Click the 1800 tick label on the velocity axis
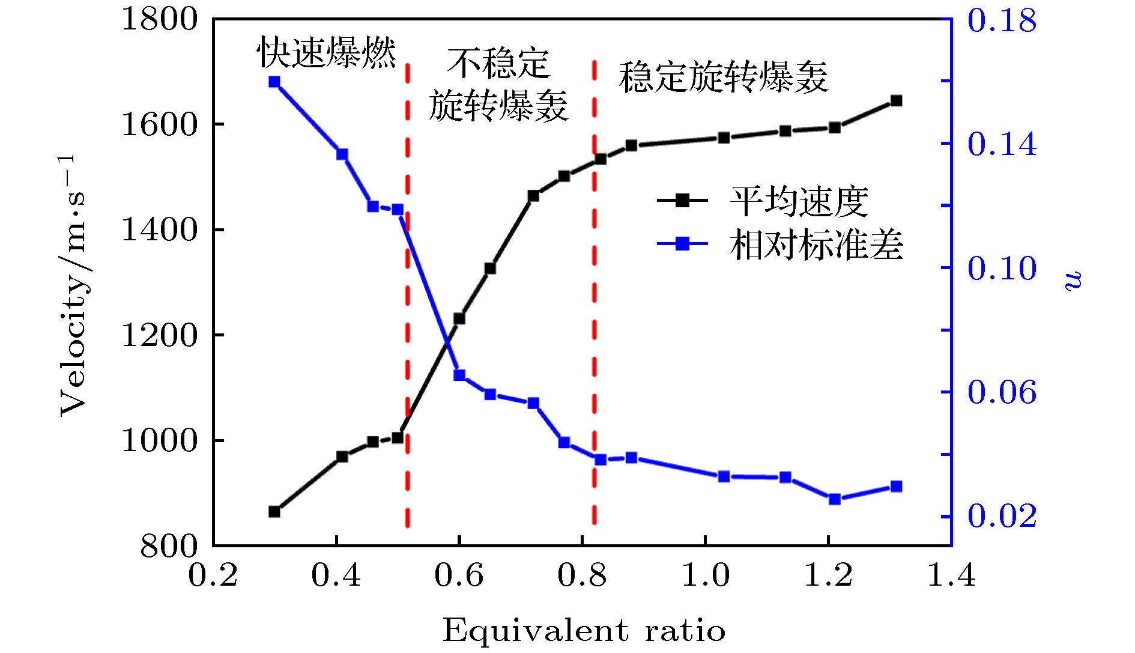(159, 19)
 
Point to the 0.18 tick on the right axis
(1002, 20)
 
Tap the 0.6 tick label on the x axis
(459, 575)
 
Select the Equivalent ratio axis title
(584, 631)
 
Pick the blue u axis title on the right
(1073, 281)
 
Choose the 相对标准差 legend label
(816, 244)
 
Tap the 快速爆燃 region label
(327, 52)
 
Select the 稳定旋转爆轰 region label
(724, 77)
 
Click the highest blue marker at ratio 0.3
(274, 82)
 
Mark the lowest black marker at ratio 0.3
(274, 512)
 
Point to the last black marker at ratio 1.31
(896, 101)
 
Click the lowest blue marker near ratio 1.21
(834, 499)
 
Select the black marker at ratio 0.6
(459, 318)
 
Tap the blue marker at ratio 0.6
(459, 375)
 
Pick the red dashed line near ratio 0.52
(407, 300)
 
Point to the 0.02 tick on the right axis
(1002, 516)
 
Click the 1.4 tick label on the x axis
(951, 575)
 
